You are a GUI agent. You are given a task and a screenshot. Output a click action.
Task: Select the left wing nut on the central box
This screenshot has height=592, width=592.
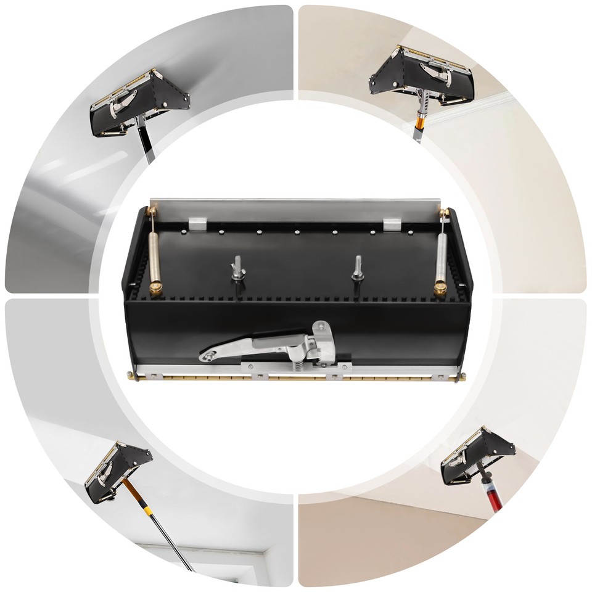[x=237, y=269]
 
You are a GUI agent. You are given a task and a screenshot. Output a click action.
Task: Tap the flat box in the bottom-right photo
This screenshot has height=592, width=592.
[x=477, y=456]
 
